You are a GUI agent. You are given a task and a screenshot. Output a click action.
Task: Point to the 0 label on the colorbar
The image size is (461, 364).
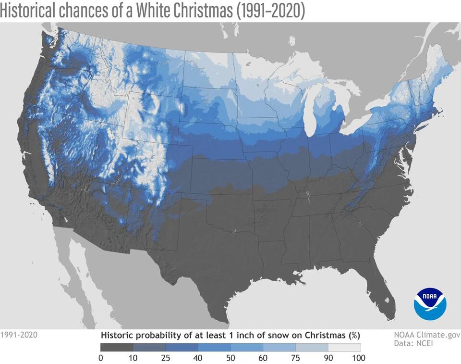coord(100,358)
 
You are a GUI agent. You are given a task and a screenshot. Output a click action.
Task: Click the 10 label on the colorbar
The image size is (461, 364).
coord(133,358)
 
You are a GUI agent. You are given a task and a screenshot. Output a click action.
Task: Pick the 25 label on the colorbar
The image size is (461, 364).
coord(166,358)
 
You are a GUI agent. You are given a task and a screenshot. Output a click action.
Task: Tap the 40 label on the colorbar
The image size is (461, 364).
coord(198,358)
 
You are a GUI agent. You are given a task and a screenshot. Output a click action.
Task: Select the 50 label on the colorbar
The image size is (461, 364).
coord(230,358)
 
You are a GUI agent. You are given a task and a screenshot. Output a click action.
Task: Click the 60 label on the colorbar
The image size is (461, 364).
coord(263,358)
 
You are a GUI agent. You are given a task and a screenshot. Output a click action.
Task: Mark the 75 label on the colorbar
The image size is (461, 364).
coord(295,358)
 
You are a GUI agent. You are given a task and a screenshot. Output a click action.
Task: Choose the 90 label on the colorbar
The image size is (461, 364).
coord(328,358)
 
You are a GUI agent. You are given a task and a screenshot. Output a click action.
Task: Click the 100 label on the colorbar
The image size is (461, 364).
coord(359,358)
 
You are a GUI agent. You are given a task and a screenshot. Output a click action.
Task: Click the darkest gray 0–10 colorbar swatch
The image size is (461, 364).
coord(117,347)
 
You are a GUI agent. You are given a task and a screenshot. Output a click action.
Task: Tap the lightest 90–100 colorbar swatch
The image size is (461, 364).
coord(344,347)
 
